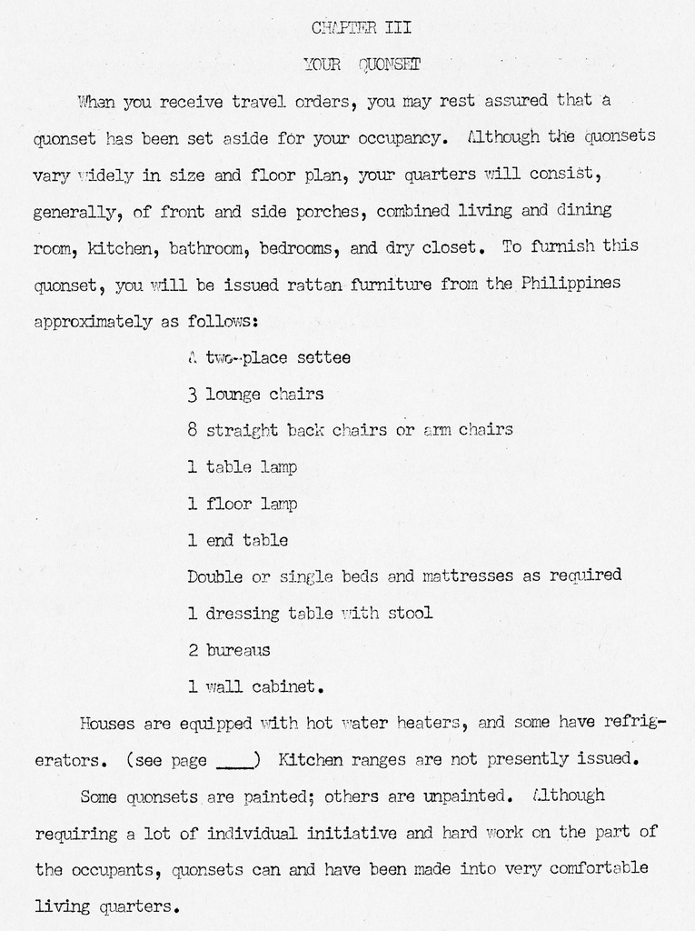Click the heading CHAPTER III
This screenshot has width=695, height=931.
point(362,27)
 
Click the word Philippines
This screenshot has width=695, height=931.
point(571,283)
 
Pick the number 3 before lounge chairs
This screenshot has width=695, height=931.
point(192,395)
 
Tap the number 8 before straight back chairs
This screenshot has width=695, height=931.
point(192,430)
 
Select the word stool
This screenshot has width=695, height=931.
point(410,613)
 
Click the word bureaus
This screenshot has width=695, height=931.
point(238,650)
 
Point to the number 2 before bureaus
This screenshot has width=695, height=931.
point(192,650)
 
